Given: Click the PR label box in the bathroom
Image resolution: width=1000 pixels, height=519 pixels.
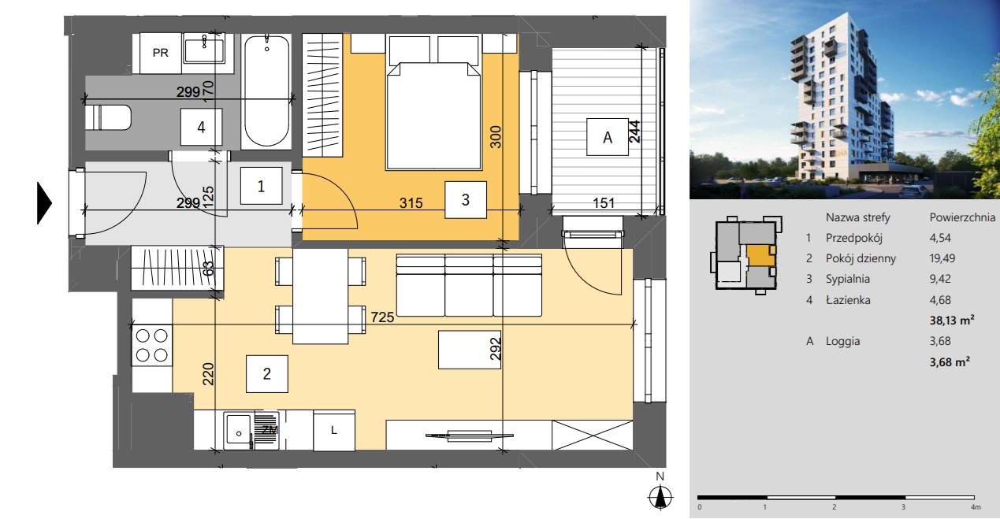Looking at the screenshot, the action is pos(161,53).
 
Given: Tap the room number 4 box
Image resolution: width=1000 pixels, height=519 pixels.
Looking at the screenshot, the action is pos(201,127).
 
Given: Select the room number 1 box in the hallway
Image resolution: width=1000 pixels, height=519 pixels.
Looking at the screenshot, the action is pos(261,186).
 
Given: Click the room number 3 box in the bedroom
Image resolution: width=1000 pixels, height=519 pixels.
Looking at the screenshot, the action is pos(466,199).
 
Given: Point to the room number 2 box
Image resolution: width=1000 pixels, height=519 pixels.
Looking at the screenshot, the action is pos(267,374).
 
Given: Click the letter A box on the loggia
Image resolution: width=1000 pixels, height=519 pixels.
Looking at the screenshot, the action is pos(608,137).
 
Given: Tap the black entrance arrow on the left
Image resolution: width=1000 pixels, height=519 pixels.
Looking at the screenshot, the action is pos(44,203).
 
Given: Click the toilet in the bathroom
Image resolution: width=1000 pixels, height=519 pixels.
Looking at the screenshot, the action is pos(108,118).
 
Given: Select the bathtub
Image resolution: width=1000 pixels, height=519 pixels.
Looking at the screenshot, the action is pos(266,91).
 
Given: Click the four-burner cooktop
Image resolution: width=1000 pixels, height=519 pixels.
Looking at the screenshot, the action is pos(152,346).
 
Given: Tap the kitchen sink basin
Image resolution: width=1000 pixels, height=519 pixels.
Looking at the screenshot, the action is pos(239,430).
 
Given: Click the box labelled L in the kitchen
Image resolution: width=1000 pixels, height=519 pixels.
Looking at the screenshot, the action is pos(334,431).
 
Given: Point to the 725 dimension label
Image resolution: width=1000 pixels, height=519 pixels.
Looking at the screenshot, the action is pos(383,317).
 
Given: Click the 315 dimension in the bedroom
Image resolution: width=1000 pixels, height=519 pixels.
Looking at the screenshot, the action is pos(411,203).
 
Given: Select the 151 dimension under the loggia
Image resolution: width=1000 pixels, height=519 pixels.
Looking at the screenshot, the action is pos(604,203).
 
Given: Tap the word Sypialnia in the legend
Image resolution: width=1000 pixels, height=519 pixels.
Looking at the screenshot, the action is pos(848,279).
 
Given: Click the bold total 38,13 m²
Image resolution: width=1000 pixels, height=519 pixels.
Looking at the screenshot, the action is pos(952,321).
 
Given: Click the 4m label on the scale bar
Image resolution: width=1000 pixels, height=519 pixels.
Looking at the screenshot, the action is pos(976,507).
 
